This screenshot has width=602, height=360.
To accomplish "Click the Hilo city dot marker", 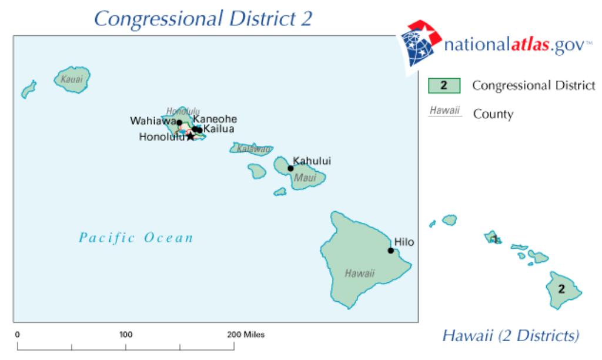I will click(x=390, y=251).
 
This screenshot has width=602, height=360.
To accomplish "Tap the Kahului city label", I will click(x=312, y=160).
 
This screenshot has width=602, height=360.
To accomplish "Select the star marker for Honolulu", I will click(x=190, y=136).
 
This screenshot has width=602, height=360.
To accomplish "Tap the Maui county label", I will click(x=306, y=176).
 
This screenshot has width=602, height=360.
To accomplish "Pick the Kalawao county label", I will click(x=253, y=149).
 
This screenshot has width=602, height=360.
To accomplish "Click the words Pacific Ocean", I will click(x=136, y=238).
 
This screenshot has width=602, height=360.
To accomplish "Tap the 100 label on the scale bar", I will click(x=126, y=335).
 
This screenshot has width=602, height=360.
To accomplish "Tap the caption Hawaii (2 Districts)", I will click(x=511, y=336).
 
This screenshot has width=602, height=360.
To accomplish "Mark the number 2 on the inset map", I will click(x=561, y=289).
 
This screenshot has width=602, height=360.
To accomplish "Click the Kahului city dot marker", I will click(x=290, y=168).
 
